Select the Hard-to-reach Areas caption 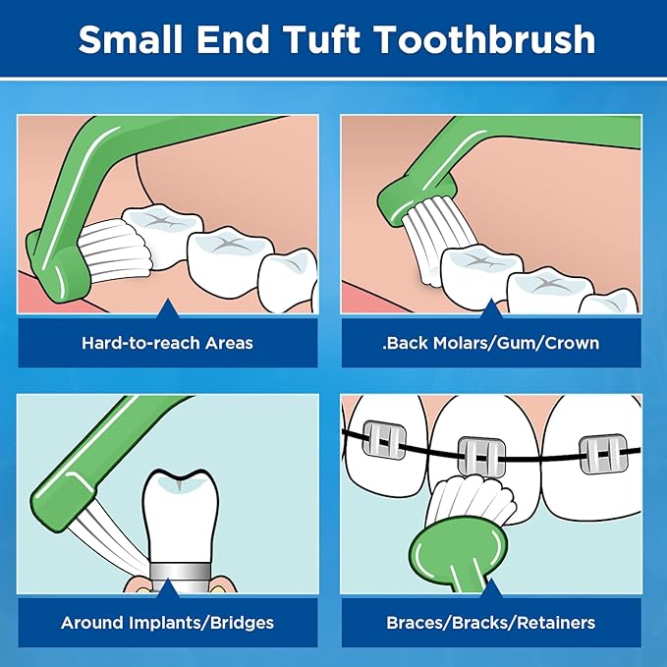coord(167,343)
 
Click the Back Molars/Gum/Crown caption coord(491,343)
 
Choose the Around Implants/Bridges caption coord(167,622)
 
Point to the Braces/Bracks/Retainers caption coord(491,622)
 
